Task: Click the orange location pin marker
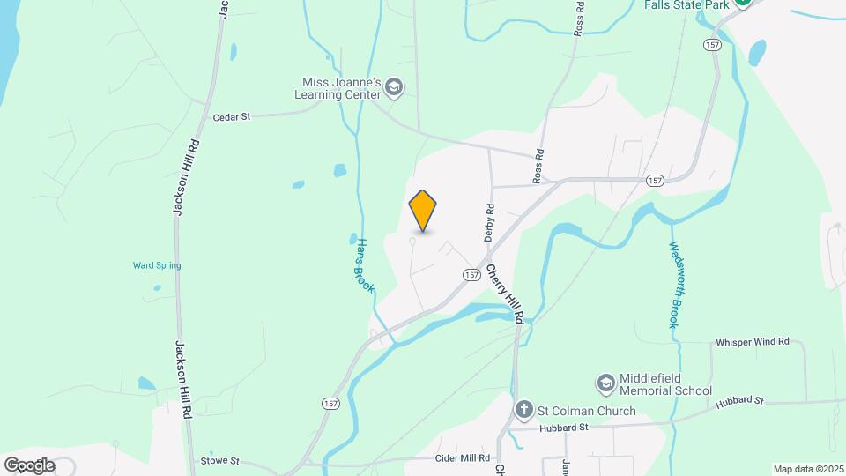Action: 423,211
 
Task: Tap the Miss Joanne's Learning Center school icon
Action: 394,87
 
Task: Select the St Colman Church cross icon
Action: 523,410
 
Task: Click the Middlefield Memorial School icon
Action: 605,382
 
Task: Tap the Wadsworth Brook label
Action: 673,284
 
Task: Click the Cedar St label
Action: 233,116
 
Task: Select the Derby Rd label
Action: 490,223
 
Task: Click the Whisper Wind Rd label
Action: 753,342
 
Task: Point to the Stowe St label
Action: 219,460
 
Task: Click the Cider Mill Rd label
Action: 463,458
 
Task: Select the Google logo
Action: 28,465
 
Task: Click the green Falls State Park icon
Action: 743,3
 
